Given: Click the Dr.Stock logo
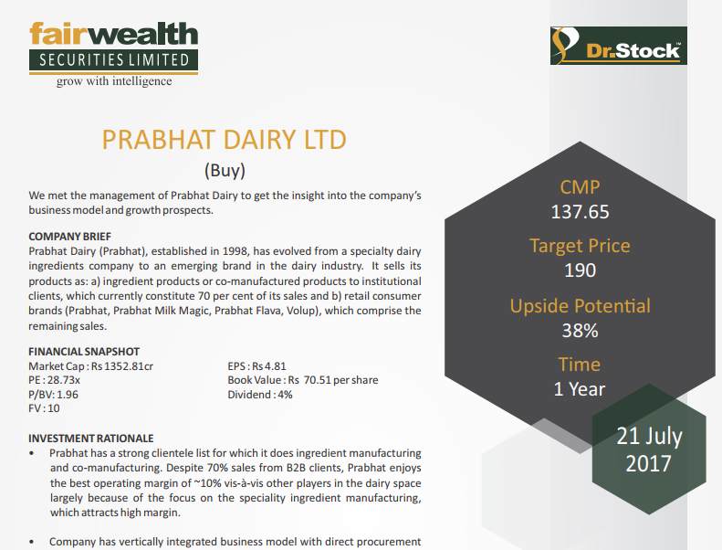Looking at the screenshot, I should point(618,46).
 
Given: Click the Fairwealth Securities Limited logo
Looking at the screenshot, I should point(113,47).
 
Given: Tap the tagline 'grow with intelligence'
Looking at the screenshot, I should point(113,80).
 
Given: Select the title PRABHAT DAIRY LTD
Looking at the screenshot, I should point(225,140).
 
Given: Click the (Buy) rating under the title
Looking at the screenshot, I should point(225,169).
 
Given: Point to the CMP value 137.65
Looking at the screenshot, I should point(580,212).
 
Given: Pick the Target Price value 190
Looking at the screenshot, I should point(580,270).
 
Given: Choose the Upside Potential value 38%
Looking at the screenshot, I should point(580,330).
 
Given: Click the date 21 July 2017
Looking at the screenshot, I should point(649,449).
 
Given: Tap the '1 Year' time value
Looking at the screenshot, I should point(580,388).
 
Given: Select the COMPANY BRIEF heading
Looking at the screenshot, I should point(70,237).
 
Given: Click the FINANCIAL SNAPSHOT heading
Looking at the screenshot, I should point(84,352).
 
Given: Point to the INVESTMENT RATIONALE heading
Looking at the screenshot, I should point(91,439).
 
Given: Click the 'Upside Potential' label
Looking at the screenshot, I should point(580,305).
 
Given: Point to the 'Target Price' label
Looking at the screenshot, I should point(580,246).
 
